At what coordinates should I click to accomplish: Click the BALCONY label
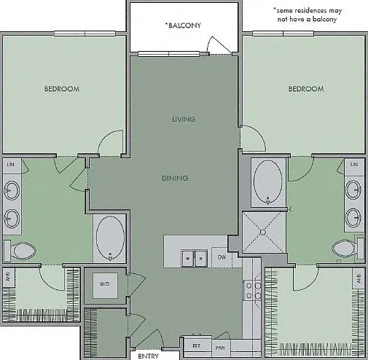tap(183, 25)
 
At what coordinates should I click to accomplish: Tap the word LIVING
tap(184, 120)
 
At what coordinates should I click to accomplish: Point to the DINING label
tap(175, 178)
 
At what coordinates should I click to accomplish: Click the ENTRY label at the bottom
tap(148, 356)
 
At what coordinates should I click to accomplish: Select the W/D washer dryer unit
tap(105, 285)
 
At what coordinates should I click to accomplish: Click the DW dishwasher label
tap(222, 257)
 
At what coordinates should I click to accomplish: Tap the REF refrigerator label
tap(196, 345)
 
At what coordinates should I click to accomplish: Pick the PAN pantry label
tap(220, 348)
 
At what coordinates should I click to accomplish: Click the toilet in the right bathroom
tap(348, 249)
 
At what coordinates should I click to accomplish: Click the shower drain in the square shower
tap(263, 232)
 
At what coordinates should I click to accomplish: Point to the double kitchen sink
tap(195, 259)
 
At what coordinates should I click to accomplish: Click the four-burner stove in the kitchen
tap(253, 290)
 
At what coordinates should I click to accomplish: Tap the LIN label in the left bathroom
tap(10, 165)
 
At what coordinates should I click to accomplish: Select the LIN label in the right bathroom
tap(354, 165)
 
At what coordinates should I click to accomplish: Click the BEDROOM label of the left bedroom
tap(62, 89)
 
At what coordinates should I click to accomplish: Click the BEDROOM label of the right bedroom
tap(306, 89)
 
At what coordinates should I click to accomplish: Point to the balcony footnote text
tap(308, 15)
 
